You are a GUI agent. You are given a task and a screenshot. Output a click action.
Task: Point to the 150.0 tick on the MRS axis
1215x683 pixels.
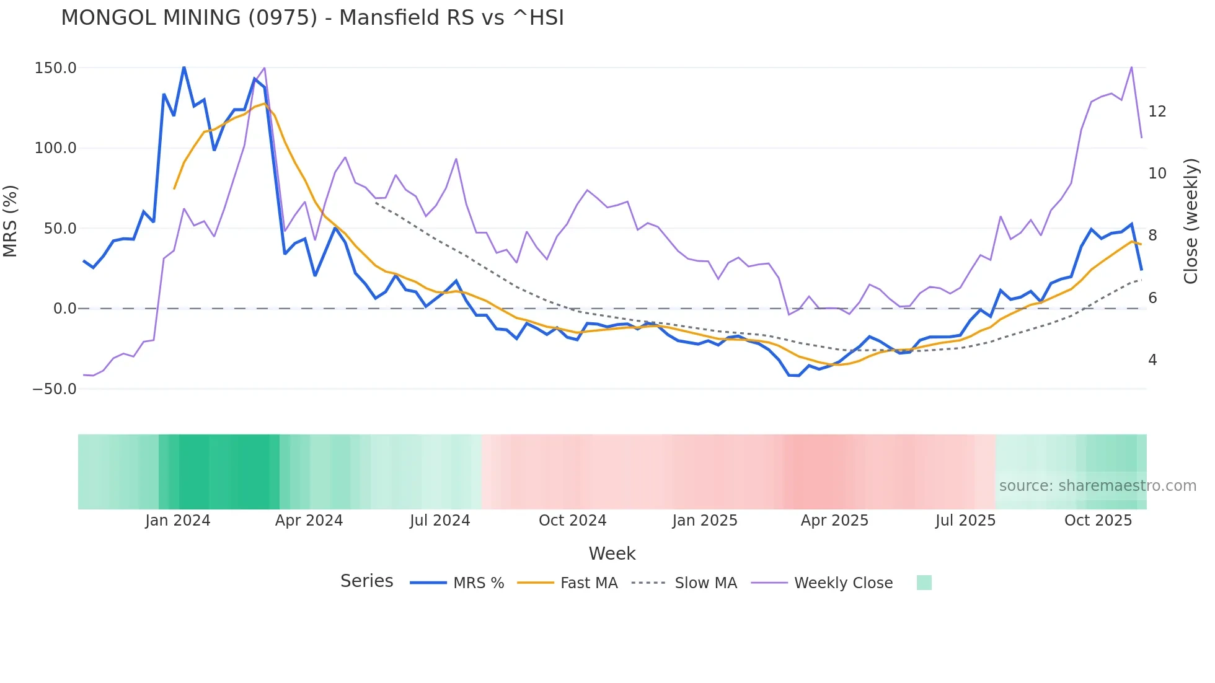click(55, 68)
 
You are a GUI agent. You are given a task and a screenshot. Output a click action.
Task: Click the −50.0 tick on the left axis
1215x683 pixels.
click(54, 389)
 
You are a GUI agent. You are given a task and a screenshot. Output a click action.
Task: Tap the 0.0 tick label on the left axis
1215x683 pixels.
click(64, 309)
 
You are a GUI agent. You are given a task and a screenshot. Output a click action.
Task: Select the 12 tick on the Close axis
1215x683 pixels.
click(1157, 112)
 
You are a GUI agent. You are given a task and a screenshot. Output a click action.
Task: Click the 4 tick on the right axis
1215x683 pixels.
click(1152, 360)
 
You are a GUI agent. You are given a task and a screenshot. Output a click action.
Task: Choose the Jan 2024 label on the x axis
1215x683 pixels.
click(178, 521)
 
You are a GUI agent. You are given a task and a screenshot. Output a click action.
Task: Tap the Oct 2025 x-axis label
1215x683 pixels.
click(1098, 521)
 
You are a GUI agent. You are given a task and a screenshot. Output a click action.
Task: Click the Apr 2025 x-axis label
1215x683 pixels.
click(834, 521)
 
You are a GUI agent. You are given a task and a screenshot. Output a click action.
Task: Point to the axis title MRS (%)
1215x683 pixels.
click(11, 221)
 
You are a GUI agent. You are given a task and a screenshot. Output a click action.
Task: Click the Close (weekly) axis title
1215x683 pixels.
click(1190, 221)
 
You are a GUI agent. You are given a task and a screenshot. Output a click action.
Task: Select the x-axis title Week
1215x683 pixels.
click(612, 553)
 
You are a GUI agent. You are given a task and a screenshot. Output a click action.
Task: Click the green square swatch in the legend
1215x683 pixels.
click(924, 583)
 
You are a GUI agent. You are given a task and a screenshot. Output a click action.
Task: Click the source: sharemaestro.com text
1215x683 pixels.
click(1097, 486)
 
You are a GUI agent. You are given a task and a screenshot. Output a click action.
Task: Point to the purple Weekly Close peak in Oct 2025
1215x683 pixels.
click(1131, 67)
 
